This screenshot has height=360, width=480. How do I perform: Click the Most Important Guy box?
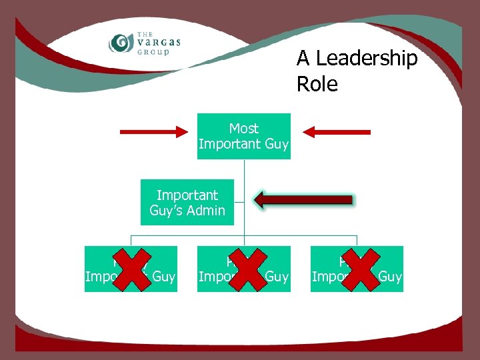coord(244,136)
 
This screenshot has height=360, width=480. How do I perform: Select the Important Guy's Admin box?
coord(187,203)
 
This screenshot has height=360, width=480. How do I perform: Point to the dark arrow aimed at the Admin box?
coord(303,199)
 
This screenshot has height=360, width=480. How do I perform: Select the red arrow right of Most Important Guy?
coord(339,132)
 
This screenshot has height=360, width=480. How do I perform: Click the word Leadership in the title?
coord(367,59)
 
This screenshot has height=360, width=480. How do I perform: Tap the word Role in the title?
coord(317,85)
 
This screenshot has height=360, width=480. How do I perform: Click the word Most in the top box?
coord(244,128)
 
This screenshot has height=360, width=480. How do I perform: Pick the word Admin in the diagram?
coord(205,211)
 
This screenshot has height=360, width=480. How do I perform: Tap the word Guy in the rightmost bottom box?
coord(390,277)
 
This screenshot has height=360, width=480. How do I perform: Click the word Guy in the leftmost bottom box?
coord(163,277)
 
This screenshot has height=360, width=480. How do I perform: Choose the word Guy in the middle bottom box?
coord(277,277)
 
